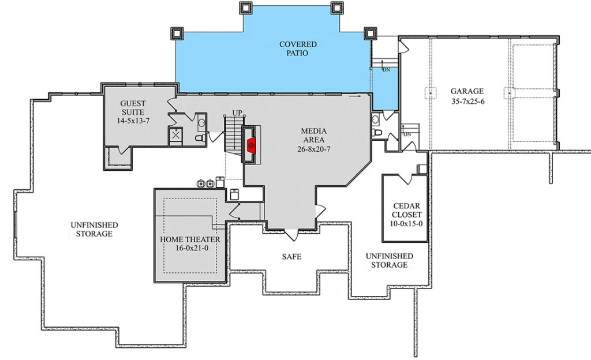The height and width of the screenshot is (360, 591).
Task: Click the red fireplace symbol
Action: [252, 145]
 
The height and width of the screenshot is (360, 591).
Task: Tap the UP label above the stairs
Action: [237, 112]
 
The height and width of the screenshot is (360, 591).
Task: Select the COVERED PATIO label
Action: [298, 48]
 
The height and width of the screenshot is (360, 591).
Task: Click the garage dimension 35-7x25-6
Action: [467, 102]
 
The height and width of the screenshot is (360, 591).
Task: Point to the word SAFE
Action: [291, 257]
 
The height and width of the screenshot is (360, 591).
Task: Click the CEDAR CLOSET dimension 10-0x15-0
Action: [406, 223]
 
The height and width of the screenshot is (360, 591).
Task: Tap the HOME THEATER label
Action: [190, 239]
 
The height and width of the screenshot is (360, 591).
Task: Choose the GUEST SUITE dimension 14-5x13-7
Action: [133, 121]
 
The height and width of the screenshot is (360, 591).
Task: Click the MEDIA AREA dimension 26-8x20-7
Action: [313, 149]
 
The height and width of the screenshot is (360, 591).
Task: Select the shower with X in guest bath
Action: [175, 135]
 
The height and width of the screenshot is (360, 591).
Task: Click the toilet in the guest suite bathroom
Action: [200, 138]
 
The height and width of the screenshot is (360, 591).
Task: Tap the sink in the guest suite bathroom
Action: [201, 122]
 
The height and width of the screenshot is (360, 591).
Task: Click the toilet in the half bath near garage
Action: [376, 133]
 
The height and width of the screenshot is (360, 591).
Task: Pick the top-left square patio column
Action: [177, 33]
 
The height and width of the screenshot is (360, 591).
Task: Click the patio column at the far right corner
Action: [370, 33]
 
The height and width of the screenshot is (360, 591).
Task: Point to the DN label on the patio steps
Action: [386, 70]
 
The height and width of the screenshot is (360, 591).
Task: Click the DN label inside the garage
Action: [407, 134]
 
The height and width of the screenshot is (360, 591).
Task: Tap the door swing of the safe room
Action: [291, 235]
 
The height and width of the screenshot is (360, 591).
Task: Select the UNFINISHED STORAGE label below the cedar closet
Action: [390, 260]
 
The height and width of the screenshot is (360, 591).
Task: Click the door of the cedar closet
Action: [405, 179]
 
